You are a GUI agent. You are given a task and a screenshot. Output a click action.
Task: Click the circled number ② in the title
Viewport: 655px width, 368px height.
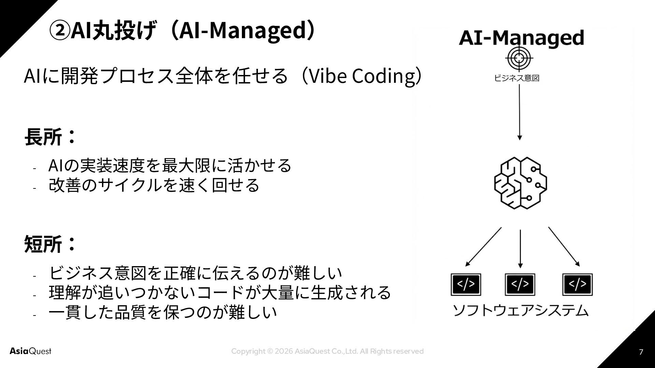click(60, 31)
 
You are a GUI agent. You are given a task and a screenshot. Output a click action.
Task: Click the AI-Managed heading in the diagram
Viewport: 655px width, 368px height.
click(521, 38)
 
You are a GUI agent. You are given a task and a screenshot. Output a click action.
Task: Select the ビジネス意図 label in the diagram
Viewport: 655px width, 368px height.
click(517, 78)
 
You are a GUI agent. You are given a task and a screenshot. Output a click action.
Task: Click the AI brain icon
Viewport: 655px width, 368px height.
click(520, 183)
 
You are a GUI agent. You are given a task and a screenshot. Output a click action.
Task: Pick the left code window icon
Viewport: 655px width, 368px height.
click(466, 284)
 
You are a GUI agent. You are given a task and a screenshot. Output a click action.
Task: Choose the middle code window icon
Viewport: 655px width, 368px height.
click(520, 284)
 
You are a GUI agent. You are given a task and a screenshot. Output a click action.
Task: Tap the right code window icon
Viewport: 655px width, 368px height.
click(577, 284)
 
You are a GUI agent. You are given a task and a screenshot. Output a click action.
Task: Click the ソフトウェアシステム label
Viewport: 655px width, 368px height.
click(521, 310)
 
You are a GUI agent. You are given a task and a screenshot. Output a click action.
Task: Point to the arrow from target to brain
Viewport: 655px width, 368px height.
click(519, 112)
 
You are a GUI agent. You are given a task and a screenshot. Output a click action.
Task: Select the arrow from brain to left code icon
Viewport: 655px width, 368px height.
click(483, 247)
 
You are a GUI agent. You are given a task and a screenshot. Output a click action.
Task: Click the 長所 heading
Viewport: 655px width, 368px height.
click(43, 137)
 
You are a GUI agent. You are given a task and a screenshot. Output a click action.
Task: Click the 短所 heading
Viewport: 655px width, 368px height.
click(43, 244)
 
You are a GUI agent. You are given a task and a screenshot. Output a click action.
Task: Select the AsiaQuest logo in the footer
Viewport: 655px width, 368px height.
click(30, 351)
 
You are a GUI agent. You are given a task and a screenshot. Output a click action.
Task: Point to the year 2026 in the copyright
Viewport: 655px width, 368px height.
click(283, 351)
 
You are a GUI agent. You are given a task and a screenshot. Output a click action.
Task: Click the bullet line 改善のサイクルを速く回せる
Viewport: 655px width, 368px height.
click(154, 185)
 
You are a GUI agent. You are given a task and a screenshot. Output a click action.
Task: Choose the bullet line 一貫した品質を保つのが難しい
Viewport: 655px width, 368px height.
click(162, 312)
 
